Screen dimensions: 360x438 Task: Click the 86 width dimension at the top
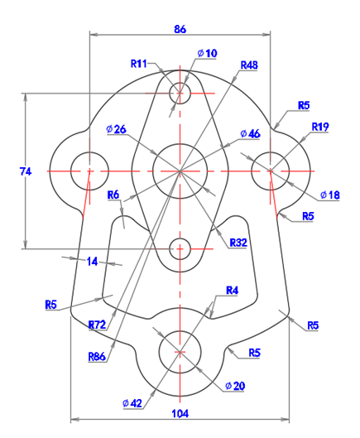[180, 29]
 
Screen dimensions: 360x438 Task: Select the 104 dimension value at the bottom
[180, 413]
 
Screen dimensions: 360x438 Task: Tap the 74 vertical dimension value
[26, 171]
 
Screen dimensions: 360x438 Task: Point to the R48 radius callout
[249, 65]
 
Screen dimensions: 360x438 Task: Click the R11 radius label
[139, 64]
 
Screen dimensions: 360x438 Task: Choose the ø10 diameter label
[207, 53]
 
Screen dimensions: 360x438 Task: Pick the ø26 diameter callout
[116, 129]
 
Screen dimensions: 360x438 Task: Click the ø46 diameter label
[250, 134]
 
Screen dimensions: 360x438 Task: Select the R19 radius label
[320, 127]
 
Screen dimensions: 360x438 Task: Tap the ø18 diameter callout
[330, 195]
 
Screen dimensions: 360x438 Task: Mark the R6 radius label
[113, 195]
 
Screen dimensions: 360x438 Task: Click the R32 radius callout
[238, 243]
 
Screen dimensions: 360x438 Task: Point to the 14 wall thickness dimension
[92, 262]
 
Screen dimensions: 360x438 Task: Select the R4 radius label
[232, 291]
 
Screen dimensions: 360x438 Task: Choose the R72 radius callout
[97, 325]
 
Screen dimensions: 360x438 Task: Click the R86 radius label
[97, 356]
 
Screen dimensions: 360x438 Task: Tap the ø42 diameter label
[132, 403]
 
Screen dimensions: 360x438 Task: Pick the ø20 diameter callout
[235, 386]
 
